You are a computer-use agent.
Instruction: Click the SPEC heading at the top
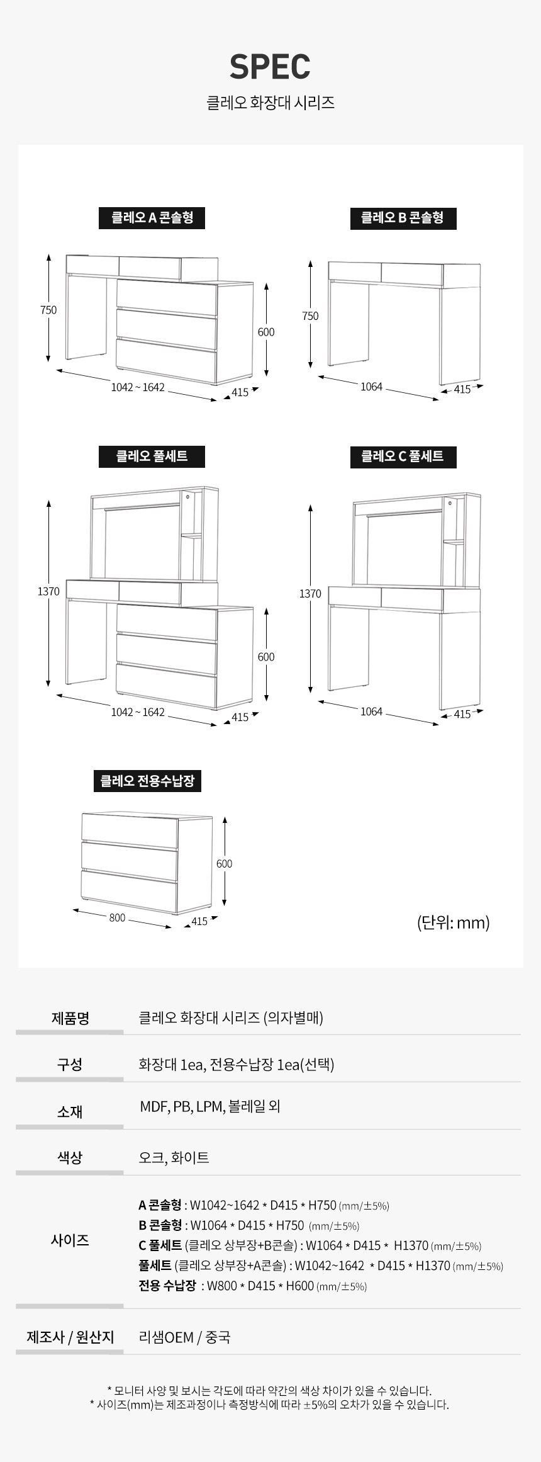270,67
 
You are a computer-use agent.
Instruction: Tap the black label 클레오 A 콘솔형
152,218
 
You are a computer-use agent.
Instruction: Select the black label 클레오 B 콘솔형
403,218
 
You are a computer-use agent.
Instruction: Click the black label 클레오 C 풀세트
403,456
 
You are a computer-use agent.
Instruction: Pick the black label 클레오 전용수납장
147,781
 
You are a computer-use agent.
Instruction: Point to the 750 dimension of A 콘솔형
48,310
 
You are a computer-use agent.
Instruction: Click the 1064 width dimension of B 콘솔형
371,387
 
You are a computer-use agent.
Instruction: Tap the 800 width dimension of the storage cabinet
117,917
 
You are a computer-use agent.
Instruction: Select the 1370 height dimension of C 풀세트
310,594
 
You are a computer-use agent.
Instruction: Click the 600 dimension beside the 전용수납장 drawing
225,864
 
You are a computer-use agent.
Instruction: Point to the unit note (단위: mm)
453,922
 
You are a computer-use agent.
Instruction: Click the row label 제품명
70,1018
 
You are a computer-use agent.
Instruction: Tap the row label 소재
70,1112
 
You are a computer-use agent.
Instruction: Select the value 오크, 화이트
174,1157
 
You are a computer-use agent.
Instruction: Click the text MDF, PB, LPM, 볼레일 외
209,1106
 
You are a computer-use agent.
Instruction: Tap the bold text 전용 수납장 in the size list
167,1286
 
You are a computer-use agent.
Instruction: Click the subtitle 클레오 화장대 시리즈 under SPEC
270,103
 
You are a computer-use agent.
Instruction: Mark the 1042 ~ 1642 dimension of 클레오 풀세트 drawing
138,712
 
